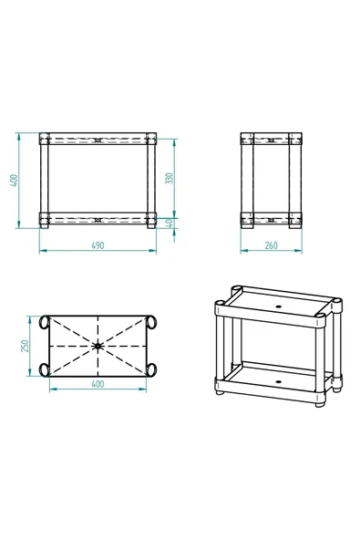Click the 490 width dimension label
98,245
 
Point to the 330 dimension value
169,178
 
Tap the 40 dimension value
169,223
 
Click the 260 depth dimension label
272,245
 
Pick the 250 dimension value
26,346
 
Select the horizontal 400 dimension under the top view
98,384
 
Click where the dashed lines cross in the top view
98,347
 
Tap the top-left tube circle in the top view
43,323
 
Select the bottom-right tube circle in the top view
151,369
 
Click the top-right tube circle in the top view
151,323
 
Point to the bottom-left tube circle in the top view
43,369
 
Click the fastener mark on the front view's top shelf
98,141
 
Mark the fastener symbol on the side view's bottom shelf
272,219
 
